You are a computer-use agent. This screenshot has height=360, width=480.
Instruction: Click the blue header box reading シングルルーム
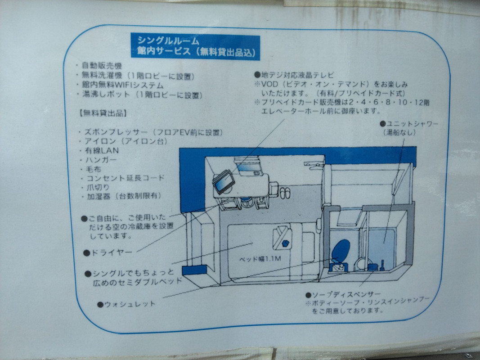pos(195,46)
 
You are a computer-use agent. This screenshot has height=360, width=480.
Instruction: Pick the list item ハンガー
pos(99,160)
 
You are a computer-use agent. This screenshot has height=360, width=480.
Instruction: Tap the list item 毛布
pos(94,169)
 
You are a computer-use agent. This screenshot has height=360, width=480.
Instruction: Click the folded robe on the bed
pos(284,238)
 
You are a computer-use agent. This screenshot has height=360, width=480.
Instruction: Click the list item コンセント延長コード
pos(122,178)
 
